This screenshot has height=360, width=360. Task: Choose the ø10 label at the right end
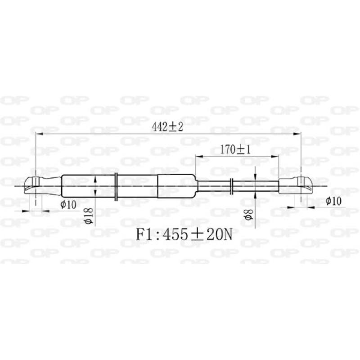[x=333, y=201]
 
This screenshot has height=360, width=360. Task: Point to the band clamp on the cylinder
[x=116, y=185]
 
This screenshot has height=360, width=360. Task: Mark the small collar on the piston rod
[x=231, y=185]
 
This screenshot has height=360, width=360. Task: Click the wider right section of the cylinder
[x=176, y=185]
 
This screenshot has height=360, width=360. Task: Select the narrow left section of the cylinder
[x=88, y=185]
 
